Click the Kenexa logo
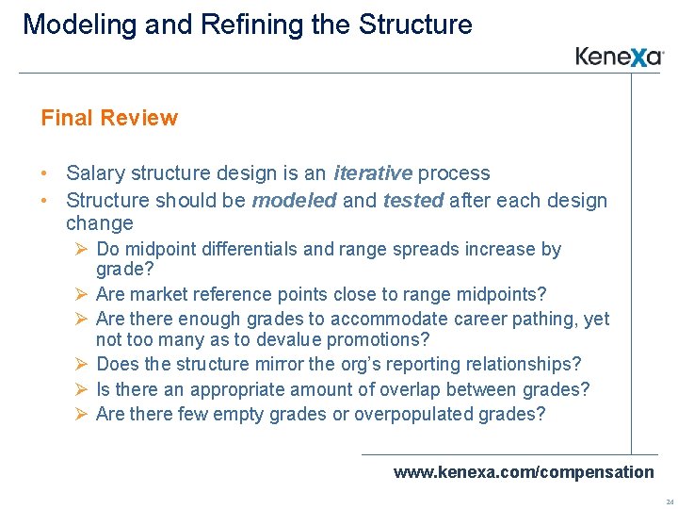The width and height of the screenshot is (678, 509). coord(620,57)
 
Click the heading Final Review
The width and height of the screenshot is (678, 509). coord(109,118)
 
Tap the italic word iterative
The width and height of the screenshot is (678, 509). coord(373,173)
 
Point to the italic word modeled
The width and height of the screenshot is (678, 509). coord(294,200)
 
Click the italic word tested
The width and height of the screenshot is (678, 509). coord(414,200)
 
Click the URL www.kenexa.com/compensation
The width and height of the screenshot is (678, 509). coord(523,471)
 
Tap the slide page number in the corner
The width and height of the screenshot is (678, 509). coord(669,501)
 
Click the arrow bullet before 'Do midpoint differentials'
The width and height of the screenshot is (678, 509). coord(83,250)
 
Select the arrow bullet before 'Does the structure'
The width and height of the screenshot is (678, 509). coord(83,364)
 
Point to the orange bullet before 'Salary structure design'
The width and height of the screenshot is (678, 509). coord(45,173)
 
